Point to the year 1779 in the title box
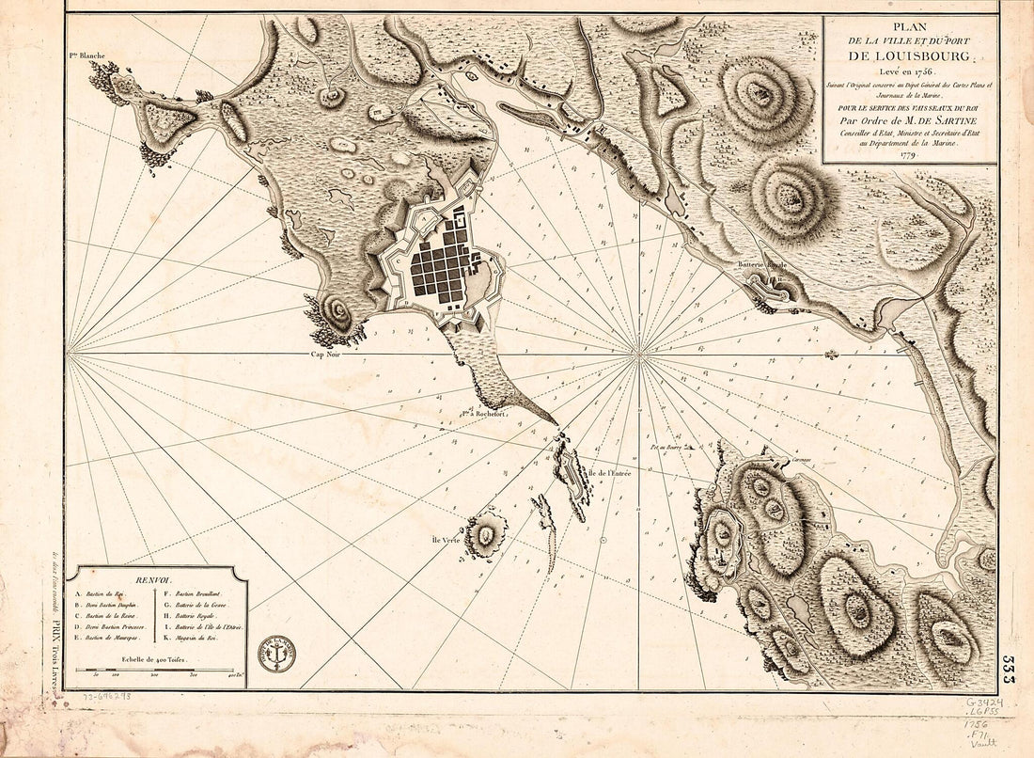click(910, 154)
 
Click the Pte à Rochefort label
click(483, 412)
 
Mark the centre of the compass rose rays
click(639, 355)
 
